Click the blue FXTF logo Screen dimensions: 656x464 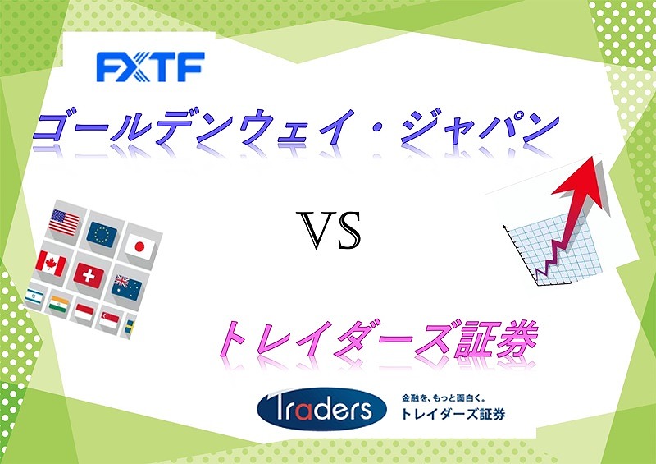pos(151,67)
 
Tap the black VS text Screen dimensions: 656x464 pos(329,230)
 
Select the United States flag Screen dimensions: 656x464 pos(64,223)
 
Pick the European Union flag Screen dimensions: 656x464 pos(102,235)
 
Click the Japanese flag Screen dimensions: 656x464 pos(139,247)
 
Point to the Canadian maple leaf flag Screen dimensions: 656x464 pos(51,264)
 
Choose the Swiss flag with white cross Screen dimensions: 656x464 pos(89,276)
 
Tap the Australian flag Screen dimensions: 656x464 pos(127,287)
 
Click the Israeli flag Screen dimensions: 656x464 pos(34,296)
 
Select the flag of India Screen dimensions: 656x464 pos(58,305)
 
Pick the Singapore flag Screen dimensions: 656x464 pos(110,319)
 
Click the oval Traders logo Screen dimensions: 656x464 pos(321,409)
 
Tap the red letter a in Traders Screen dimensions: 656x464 pos(303,411)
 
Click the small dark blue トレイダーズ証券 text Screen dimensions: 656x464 pos(453,414)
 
